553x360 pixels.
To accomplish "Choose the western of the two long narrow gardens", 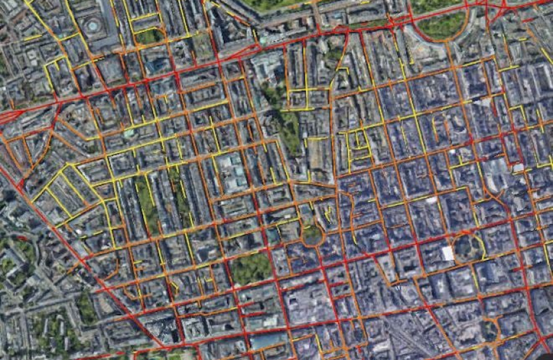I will [x=146, y=203].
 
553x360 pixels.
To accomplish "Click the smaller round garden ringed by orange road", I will [x=312, y=234].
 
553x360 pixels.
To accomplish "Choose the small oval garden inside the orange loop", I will [x=490, y=329].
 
